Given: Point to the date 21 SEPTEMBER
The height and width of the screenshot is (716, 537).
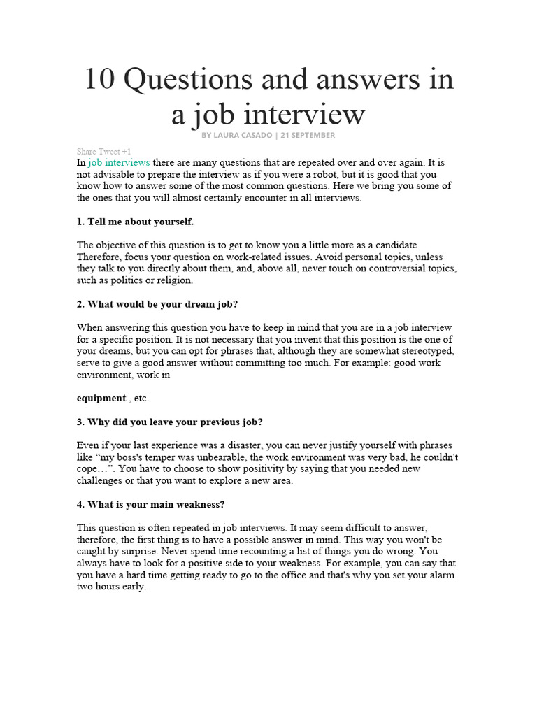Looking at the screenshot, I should [308, 135].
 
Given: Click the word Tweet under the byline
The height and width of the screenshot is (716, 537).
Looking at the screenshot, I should [108, 151].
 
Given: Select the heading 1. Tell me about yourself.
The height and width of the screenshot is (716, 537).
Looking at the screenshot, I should [135, 222].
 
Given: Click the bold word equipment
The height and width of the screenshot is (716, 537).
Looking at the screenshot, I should [101, 398].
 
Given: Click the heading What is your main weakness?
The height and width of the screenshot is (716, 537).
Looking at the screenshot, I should [150, 504].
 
